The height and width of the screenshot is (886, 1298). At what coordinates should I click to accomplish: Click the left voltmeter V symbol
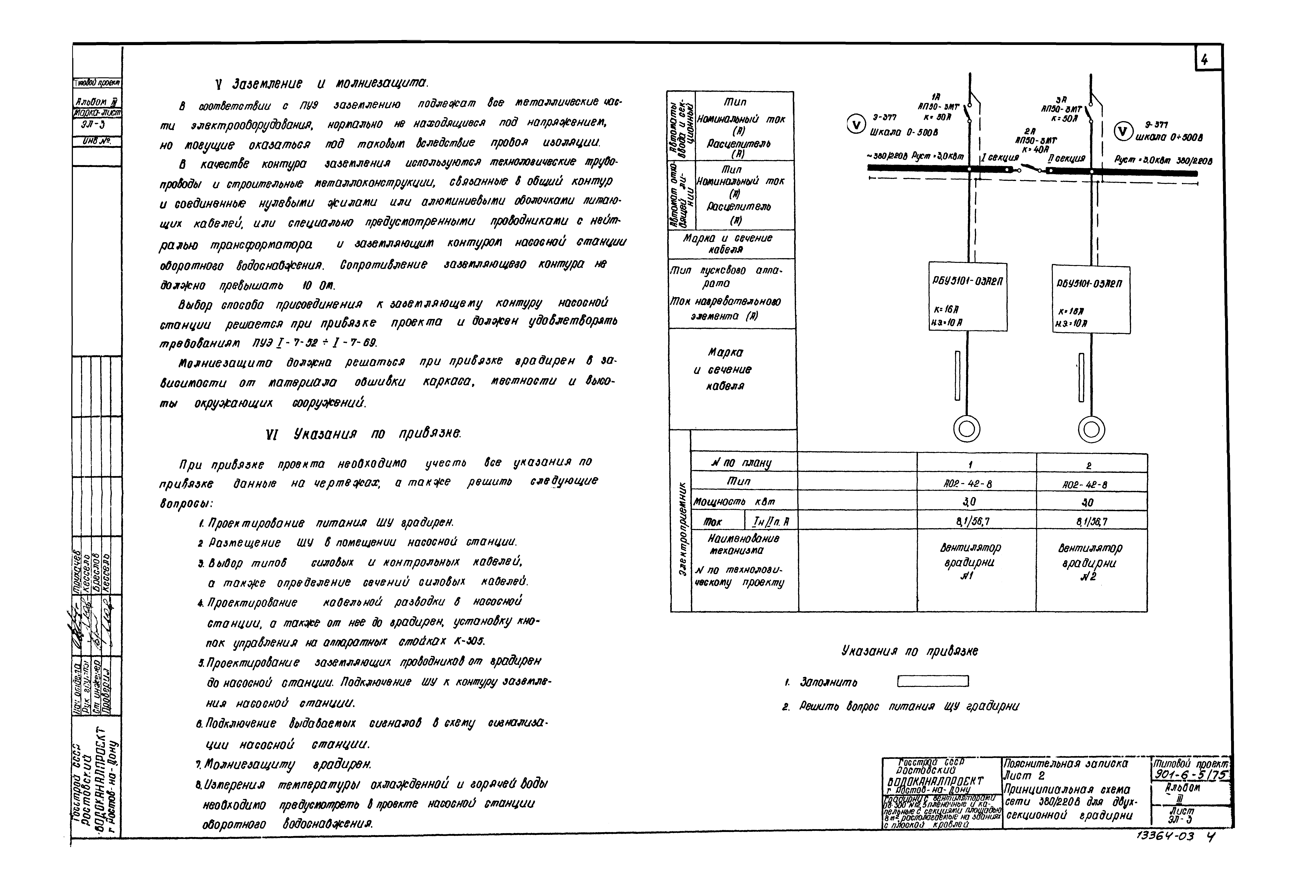(x=855, y=124)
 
